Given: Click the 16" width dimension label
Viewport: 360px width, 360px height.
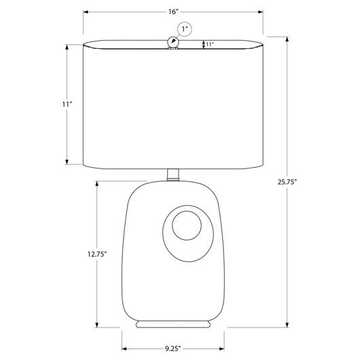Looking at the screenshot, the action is coord(173,12).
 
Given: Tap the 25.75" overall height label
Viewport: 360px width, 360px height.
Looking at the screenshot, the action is coord(287,182).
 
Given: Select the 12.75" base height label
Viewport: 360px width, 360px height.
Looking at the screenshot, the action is coord(97,254).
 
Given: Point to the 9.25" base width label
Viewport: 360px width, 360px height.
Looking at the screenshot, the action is coord(173,348).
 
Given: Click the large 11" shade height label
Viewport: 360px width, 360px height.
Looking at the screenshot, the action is coord(67,104).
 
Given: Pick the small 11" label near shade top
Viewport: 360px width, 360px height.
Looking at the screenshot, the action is coord(210,44).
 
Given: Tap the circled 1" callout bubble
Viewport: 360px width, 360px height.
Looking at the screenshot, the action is coord(184,29).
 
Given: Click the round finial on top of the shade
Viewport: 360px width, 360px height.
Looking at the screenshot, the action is coord(173,42).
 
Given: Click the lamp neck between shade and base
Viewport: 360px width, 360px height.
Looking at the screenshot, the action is coord(173,175).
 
